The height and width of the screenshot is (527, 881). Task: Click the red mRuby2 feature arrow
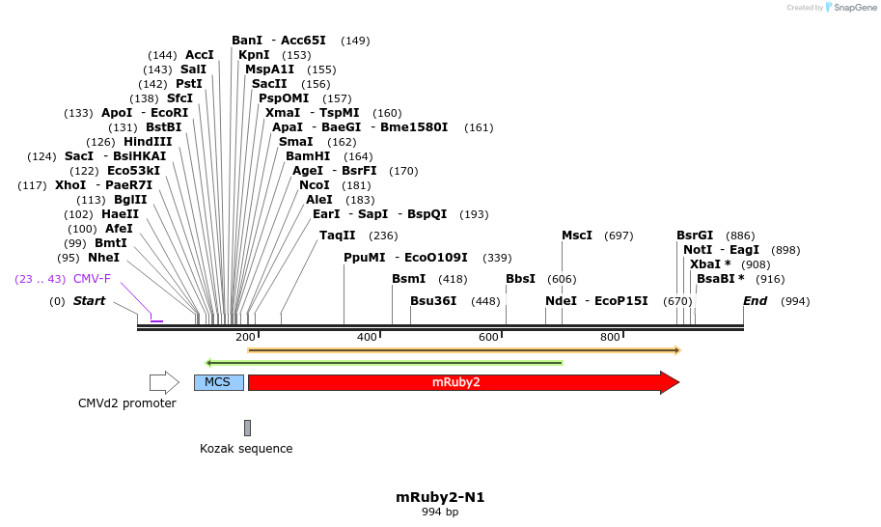[x=463, y=382]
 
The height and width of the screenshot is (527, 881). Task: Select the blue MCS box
[x=218, y=382]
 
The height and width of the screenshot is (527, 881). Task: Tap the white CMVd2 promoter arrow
[x=164, y=382]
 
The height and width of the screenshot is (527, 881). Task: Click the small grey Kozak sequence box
[x=247, y=428]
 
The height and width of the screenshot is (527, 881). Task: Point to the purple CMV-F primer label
[x=92, y=279]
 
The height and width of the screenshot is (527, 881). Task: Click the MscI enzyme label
[x=577, y=236]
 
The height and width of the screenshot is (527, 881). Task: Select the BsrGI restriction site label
[x=695, y=236]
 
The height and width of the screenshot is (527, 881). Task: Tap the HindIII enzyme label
[x=148, y=142]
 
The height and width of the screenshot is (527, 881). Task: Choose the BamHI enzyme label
[x=308, y=156]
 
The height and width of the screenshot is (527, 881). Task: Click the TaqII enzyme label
[x=338, y=236]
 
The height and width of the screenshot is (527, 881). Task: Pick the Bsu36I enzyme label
[x=433, y=301]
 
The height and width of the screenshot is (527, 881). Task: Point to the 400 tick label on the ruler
[x=367, y=337]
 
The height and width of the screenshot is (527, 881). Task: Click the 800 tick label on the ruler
[x=610, y=337]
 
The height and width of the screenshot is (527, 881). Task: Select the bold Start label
[x=89, y=301]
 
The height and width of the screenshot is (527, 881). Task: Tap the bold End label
[x=755, y=301]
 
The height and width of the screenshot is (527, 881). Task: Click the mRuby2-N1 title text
[x=440, y=497]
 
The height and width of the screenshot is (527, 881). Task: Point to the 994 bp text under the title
[x=440, y=513]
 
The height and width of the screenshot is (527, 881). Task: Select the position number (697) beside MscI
[x=619, y=236]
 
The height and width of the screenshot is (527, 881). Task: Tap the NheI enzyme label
[x=103, y=258]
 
